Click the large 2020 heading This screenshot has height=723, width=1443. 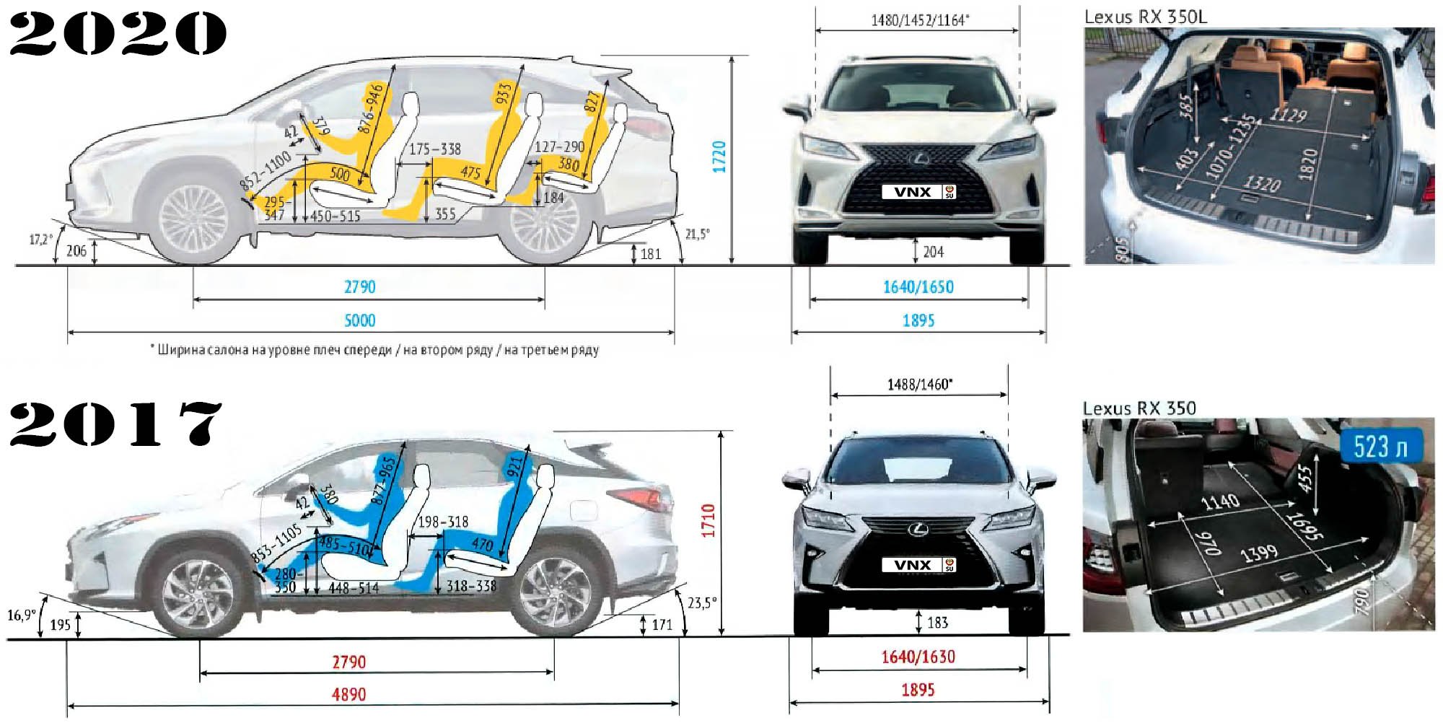(118, 34)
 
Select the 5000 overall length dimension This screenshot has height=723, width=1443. (360, 320)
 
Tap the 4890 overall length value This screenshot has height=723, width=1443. (348, 694)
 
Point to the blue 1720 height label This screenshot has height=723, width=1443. (719, 157)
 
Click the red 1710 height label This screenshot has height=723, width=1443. (708, 520)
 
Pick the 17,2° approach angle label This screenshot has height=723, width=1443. (41, 239)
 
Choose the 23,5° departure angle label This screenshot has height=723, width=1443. (702, 602)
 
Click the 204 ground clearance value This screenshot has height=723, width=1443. (933, 252)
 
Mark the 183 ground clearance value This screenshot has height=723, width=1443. (937, 622)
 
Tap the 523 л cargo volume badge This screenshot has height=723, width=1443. (1380, 447)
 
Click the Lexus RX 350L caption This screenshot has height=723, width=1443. (1145, 17)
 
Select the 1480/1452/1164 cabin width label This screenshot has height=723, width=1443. (920, 20)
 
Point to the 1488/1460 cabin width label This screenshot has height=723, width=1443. (919, 385)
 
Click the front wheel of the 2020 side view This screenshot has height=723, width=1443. (193, 220)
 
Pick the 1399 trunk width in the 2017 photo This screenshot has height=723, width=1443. (1259, 553)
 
